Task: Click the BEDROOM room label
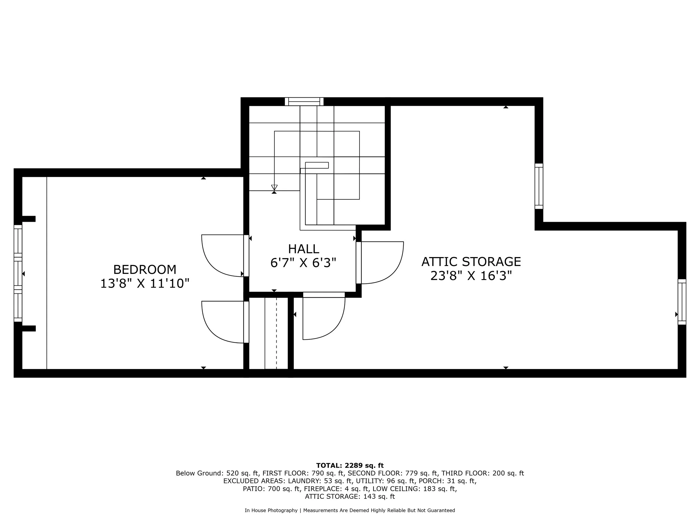(x=145, y=270)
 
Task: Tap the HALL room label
(x=304, y=249)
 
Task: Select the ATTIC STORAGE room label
(x=471, y=262)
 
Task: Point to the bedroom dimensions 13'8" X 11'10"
(x=145, y=284)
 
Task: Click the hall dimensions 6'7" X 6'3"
(x=303, y=263)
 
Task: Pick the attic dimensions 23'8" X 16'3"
(x=471, y=276)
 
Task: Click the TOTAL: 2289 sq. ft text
(x=350, y=466)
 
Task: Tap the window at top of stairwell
(x=304, y=102)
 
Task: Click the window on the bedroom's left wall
(x=18, y=273)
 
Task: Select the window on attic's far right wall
(x=682, y=302)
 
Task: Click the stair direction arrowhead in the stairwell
(x=274, y=187)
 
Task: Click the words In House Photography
(x=271, y=510)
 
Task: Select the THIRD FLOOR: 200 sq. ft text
(x=483, y=473)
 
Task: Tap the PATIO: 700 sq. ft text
(x=272, y=489)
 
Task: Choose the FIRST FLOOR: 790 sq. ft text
(x=303, y=473)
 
